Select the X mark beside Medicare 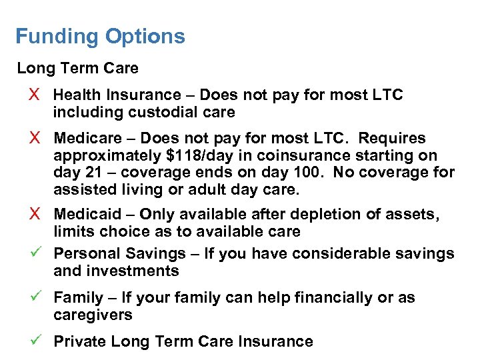coord(36,139)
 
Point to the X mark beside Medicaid coord(36,215)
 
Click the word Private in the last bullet coord(79,341)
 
